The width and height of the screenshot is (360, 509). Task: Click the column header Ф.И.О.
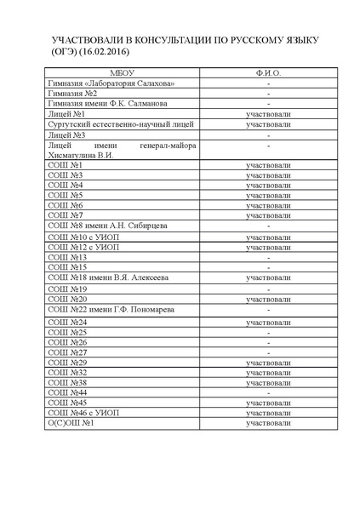[268, 74]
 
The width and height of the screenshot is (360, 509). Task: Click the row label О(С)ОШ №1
[70, 422]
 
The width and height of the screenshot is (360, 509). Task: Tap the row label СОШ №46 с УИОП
[83, 412]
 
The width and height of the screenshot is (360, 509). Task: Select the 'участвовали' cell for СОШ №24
[268, 323]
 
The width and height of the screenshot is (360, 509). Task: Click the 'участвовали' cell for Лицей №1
[268, 114]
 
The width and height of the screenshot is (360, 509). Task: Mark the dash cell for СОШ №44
[268, 392]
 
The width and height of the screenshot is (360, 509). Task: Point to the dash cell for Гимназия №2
[268, 94]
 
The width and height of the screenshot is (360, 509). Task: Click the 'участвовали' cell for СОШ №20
[268, 299]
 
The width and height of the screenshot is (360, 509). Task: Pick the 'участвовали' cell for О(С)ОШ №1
[268, 422]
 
